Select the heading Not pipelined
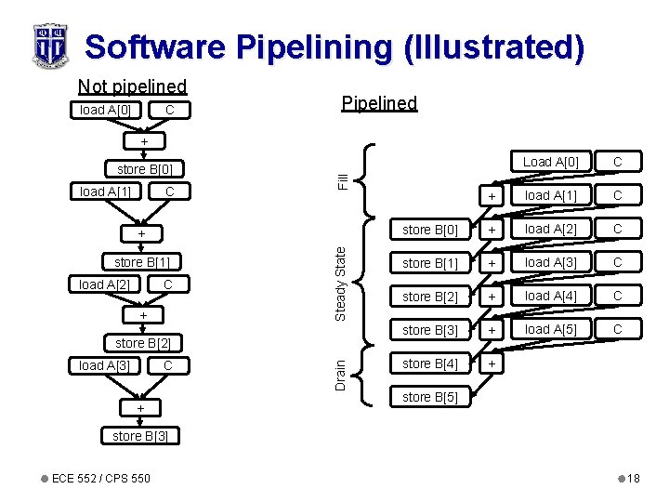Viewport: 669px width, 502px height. pyautogui.click(x=132, y=86)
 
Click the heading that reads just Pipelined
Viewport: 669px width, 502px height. pyautogui.click(x=379, y=103)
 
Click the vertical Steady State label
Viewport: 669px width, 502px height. pyautogui.click(x=340, y=283)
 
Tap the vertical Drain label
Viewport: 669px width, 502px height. pyautogui.click(x=340, y=374)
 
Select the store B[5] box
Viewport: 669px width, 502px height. pyautogui.click(x=430, y=398)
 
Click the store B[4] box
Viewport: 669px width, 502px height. pyautogui.click(x=430, y=363)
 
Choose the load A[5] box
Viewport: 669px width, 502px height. pyautogui.click(x=550, y=329)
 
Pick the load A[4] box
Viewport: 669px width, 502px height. pyautogui.click(x=550, y=296)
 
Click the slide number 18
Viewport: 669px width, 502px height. pyautogui.click(x=633, y=478)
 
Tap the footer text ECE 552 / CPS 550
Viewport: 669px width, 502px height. pyautogui.click(x=100, y=478)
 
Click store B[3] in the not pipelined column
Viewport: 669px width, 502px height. pyautogui.click(x=140, y=436)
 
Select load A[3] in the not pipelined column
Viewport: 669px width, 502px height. pyautogui.click(x=104, y=365)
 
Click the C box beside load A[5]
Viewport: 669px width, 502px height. pyautogui.click(x=616, y=329)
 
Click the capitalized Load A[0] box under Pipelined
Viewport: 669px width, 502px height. pyautogui.click(x=550, y=162)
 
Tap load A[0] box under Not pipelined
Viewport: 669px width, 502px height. pyautogui.click(x=105, y=111)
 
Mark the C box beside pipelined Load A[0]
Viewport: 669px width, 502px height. pyautogui.click(x=616, y=162)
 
